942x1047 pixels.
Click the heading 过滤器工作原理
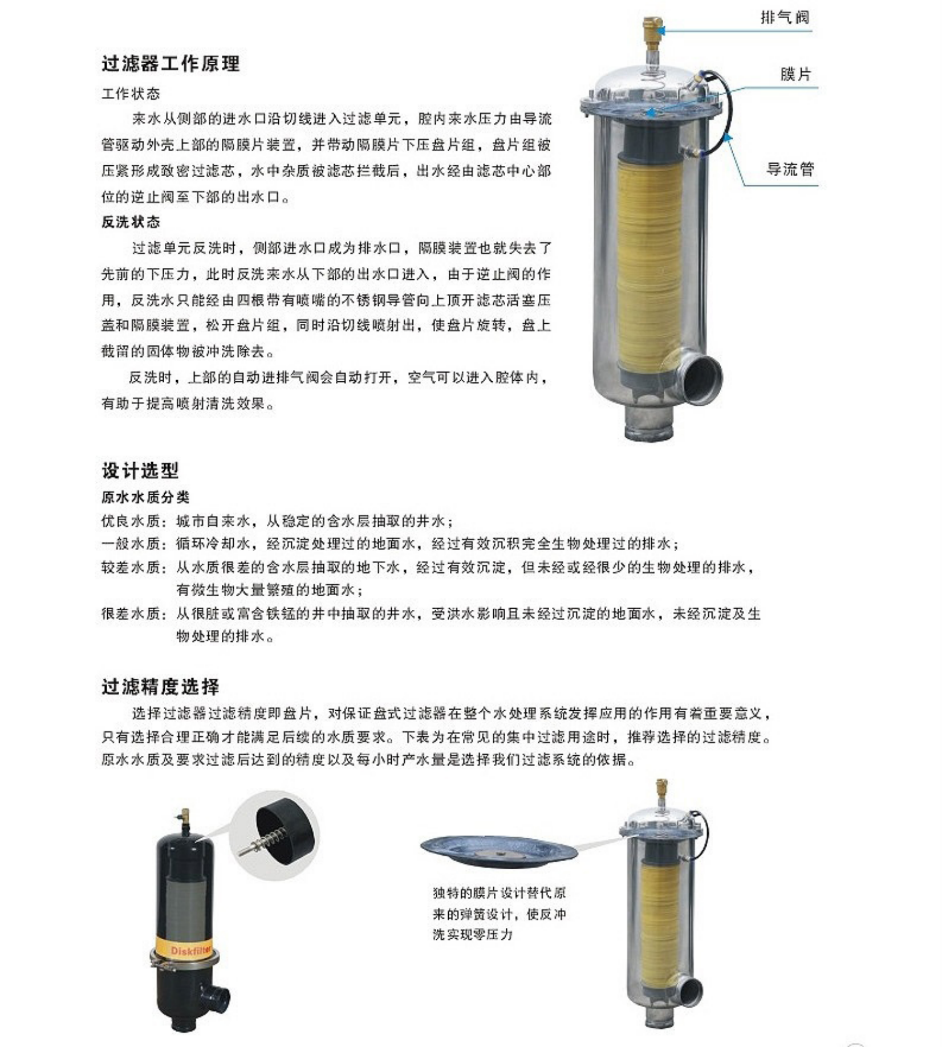170,63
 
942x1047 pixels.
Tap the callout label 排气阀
785,18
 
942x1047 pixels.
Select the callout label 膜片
795,74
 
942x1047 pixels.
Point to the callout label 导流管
790,169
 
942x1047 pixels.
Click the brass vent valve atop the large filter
651,27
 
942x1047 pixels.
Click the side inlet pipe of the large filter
699,377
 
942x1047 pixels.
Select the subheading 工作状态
131,93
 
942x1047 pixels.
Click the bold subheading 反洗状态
131,222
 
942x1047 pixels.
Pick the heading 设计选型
140,471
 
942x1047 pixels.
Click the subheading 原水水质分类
145,497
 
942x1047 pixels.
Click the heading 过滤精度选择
160,687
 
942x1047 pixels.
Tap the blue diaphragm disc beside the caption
498,851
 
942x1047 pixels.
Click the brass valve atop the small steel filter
661,789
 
